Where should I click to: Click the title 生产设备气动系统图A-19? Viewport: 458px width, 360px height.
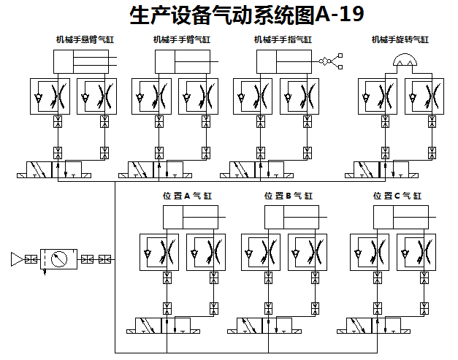(x=245, y=15)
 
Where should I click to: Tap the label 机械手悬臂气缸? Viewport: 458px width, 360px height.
(x=85, y=39)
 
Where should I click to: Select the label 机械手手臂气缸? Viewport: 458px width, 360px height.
(x=182, y=39)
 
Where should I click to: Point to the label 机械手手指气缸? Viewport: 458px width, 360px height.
(x=283, y=39)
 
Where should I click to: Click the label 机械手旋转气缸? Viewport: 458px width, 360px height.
(x=400, y=39)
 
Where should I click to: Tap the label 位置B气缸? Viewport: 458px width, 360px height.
(x=288, y=196)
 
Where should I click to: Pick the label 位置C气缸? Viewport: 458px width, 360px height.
(x=397, y=196)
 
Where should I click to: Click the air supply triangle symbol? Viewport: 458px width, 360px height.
(x=17, y=258)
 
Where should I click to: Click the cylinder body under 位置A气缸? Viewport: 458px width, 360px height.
(x=190, y=218)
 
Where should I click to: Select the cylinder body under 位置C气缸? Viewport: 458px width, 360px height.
(x=400, y=218)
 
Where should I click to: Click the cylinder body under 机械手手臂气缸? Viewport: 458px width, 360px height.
(x=182, y=61)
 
